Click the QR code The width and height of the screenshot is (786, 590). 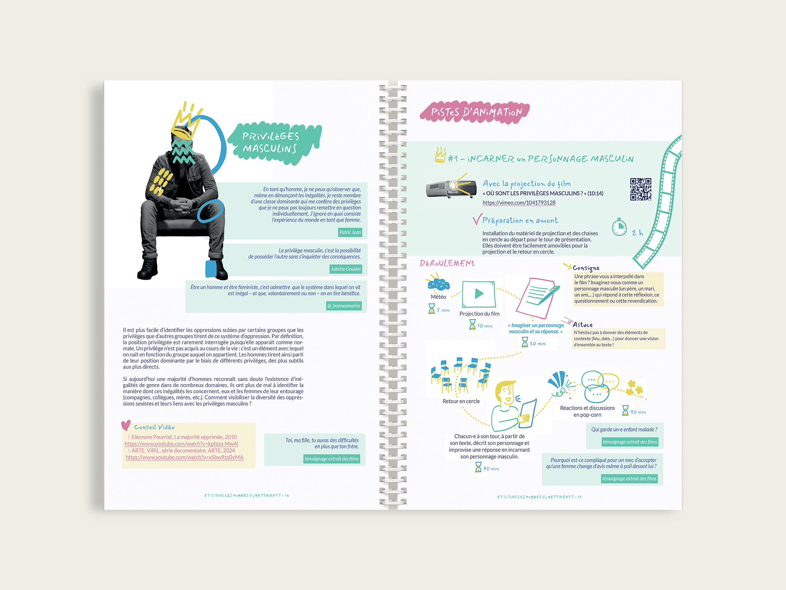click(641, 189)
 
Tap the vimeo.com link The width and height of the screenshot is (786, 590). click(519, 203)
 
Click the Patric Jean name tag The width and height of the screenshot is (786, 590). click(350, 232)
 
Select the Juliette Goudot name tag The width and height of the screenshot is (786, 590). click(345, 269)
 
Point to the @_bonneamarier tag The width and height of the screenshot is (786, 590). click(344, 306)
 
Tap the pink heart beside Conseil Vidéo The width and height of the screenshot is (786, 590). click(126, 425)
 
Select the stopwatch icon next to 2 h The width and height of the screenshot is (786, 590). click(619, 227)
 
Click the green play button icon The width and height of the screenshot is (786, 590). click(479, 293)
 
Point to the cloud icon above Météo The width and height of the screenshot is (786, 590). click(438, 284)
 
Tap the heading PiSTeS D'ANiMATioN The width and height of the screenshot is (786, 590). click(476, 112)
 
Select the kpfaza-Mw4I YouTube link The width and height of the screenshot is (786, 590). click(181, 444)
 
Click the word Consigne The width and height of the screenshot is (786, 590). click(586, 268)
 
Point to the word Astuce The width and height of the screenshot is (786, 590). click(582, 325)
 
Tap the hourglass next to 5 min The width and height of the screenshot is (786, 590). click(432, 308)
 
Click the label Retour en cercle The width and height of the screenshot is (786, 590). click(461, 401)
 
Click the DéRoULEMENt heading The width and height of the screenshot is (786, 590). click(447, 263)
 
